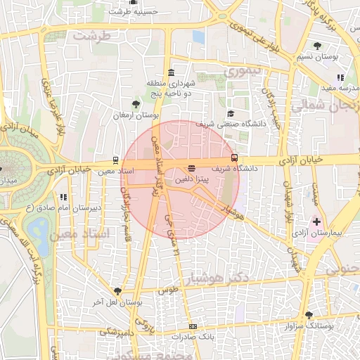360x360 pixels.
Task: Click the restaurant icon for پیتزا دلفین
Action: click(x=191, y=169)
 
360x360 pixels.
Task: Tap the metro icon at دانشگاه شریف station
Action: click(x=234, y=158)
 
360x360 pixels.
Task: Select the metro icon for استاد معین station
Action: click(x=116, y=160)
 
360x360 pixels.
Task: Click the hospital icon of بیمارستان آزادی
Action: click(x=317, y=221)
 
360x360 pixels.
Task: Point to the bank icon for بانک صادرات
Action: click(x=193, y=327)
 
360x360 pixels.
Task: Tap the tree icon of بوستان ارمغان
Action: click(x=136, y=103)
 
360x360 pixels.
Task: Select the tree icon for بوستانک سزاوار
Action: click(x=309, y=315)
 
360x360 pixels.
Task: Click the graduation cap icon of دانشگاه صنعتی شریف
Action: click(x=230, y=114)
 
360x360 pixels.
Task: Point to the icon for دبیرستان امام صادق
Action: click(x=63, y=198)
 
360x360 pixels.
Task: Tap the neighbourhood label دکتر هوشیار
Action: click(x=220, y=279)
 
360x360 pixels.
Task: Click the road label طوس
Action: click(x=167, y=290)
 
